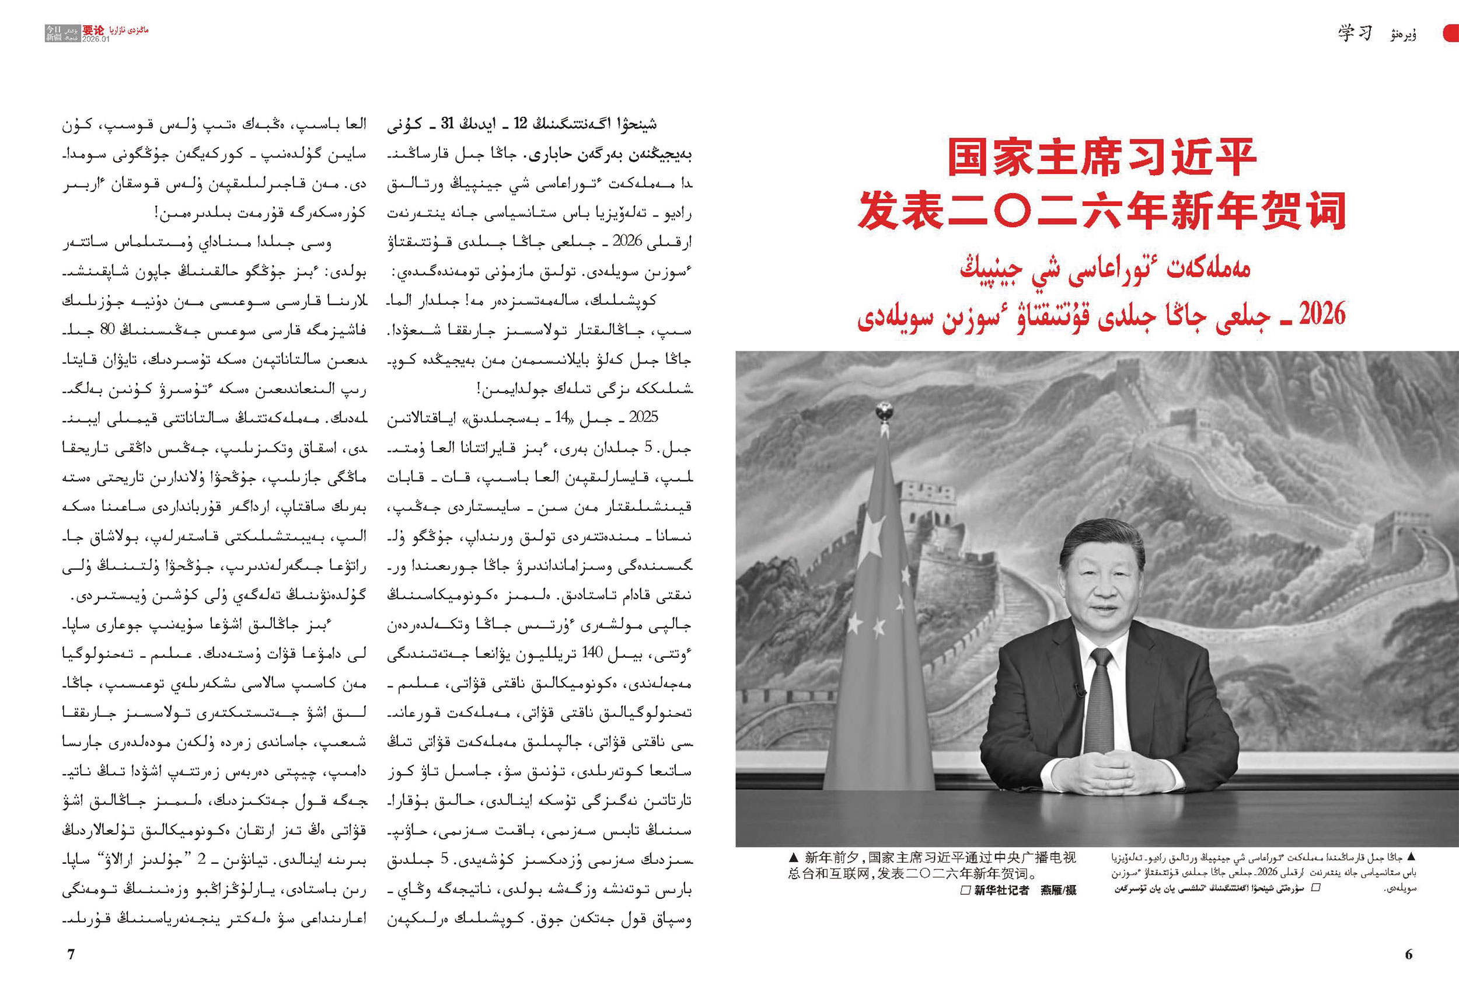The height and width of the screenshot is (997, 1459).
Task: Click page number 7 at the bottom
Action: click(71, 954)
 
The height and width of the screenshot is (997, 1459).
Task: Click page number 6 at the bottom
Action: click(1409, 954)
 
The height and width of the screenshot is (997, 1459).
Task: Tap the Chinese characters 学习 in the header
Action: click(1355, 33)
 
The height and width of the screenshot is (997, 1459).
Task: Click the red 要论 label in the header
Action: click(93, 30)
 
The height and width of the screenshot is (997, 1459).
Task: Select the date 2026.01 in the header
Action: click(96, 39)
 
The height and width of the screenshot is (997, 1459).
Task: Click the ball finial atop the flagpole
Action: click(884, 410)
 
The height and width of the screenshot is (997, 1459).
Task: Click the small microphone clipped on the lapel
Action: click(1080, 690)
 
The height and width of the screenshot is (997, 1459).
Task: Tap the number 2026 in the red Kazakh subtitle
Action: click(1322, 313)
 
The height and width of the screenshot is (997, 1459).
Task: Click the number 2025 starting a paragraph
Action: click(643, 417)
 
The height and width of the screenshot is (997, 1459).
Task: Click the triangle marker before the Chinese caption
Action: click(794, 857)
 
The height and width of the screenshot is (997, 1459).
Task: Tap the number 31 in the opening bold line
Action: click(448, 124)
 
